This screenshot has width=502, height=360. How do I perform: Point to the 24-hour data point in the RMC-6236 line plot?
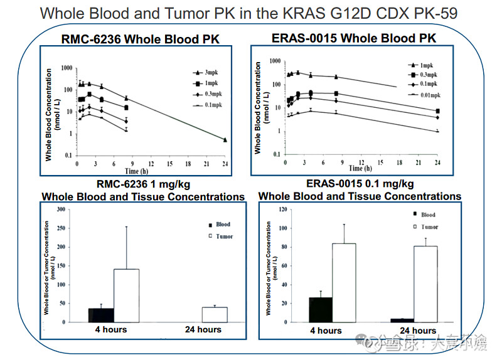tap(225, 140)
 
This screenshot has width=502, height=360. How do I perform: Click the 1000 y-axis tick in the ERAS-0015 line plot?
tap(274, 61)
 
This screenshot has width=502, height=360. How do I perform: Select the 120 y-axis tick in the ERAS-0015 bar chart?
tap(284, 209)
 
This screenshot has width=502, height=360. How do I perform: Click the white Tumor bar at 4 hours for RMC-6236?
tap(126, 295)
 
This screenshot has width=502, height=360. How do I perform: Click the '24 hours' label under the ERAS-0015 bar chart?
tap(418, 331)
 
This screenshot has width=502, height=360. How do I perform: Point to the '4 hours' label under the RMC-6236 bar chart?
tap(111, 329)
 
